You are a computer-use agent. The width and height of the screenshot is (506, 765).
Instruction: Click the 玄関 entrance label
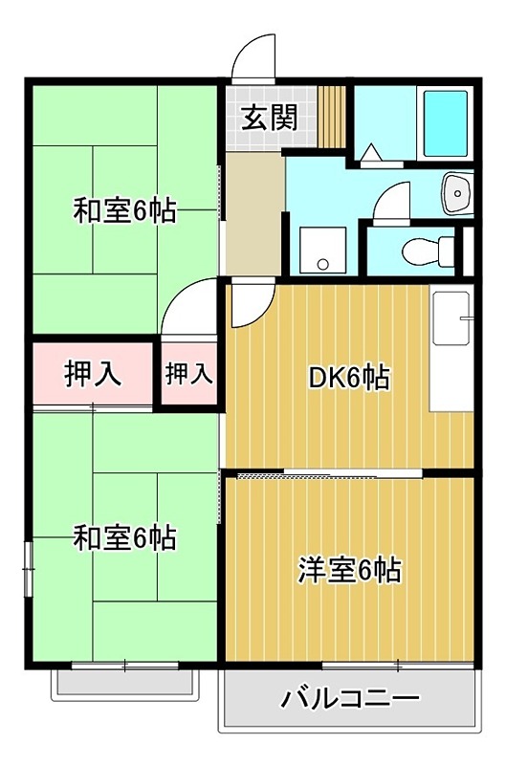[269, 118]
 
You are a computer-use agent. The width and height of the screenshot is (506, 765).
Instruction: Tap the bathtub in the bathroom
[444, 123]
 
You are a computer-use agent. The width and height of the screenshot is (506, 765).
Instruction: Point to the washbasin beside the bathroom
[458, 194]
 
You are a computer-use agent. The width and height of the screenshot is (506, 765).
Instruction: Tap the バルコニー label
[350, 699]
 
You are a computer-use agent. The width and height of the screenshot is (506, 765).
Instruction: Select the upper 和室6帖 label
[125, 211]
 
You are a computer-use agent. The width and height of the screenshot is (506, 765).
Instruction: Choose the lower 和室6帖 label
[125, 538]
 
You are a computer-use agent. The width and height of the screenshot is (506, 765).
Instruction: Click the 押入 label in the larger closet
[93, 374]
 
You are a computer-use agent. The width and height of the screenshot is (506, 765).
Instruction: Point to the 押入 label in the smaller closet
[188, 374]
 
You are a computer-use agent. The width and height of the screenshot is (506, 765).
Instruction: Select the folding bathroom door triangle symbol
[372, 152]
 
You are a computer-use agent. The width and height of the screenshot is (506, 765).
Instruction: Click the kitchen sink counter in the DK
[452, 348]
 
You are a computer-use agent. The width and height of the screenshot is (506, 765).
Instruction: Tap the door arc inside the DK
[250, 305]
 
